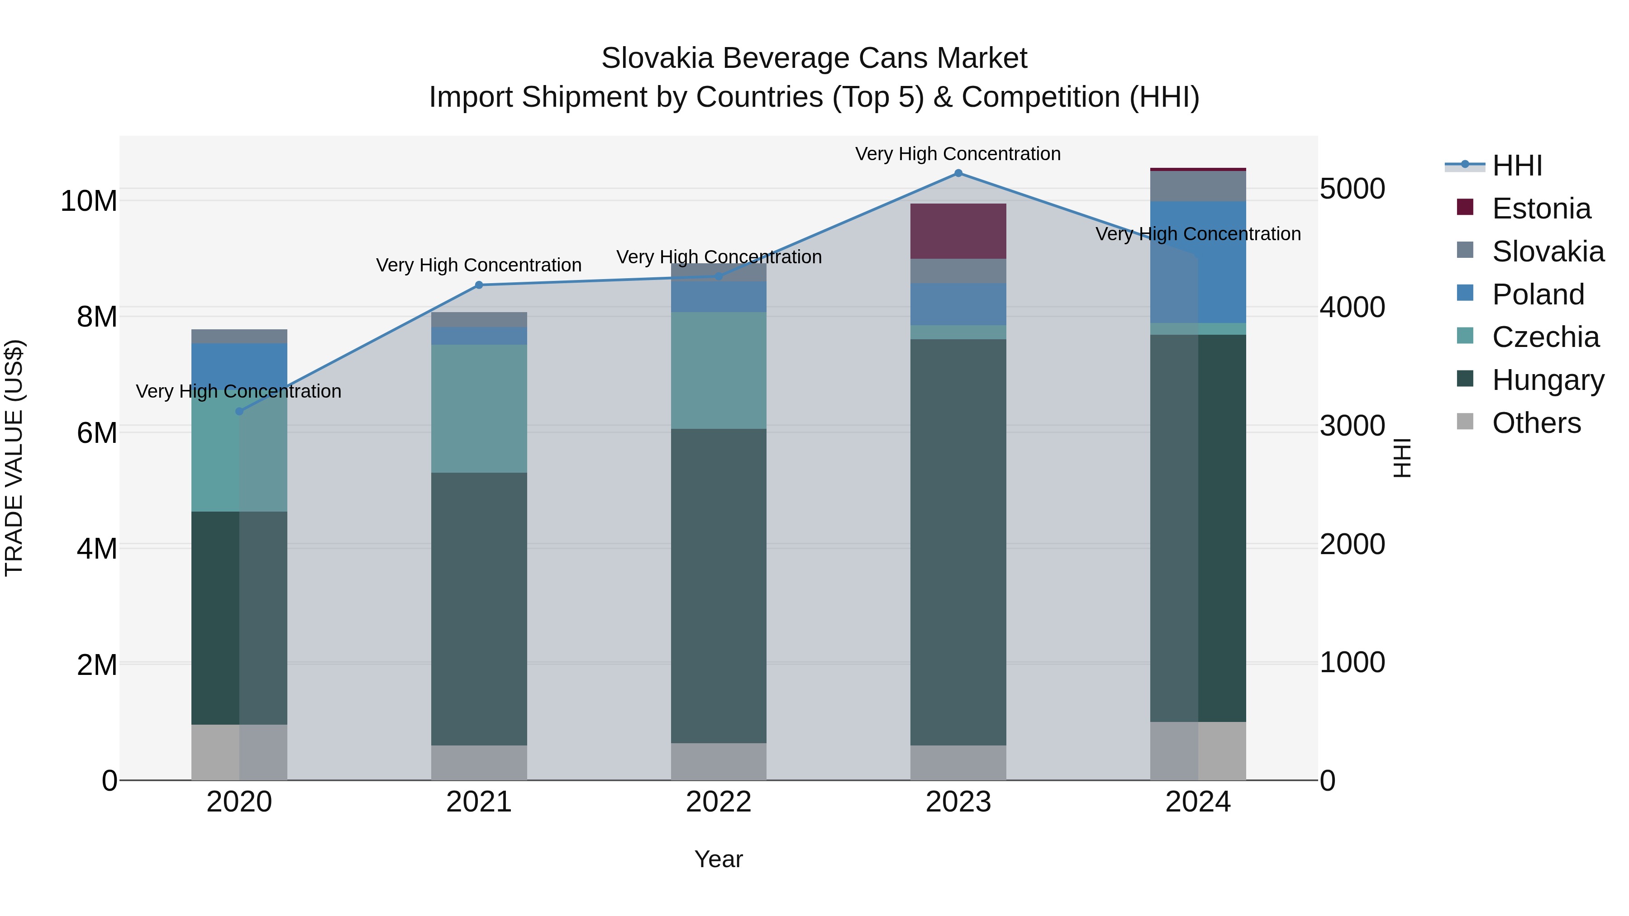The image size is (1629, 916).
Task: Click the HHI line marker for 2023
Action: pyautogui.click(x=958, y=173)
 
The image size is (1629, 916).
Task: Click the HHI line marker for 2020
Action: pyautogui.click(x=239, y=412)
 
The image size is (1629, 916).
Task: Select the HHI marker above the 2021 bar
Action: pyautogui.click(x=479, y=285)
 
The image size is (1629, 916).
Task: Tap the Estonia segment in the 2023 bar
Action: pyautogui.click(x=958, y=231)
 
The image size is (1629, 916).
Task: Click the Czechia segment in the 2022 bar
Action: pyautogui.click(x=719, y=370)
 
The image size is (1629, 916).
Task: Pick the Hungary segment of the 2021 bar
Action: pyautogui.click(x=479, y=609)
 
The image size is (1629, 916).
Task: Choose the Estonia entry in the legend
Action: pyautogui.click(x=1541, y=209)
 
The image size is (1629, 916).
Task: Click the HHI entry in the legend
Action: pyautogui.click(x=1517, y=166)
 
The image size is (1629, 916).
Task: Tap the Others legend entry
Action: pyautogui.click(x=1536, y=423)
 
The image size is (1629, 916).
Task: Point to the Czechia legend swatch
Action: pyautogui.click(x=1465, y=336)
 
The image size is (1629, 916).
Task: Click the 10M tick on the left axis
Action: pyautogui.click(x=89, y=201)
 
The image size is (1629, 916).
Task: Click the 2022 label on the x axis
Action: pyautogui.click(x=719, y=802)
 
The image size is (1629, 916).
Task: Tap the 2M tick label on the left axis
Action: pyautogui.click(x=97, y=665)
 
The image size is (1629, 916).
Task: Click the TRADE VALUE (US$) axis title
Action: pyautogui.click(x=14, y=458)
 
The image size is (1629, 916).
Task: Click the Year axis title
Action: pyautogui.click(x=719, y=859)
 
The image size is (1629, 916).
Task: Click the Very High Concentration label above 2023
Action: pyautogui.click(x=958, y=154)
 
